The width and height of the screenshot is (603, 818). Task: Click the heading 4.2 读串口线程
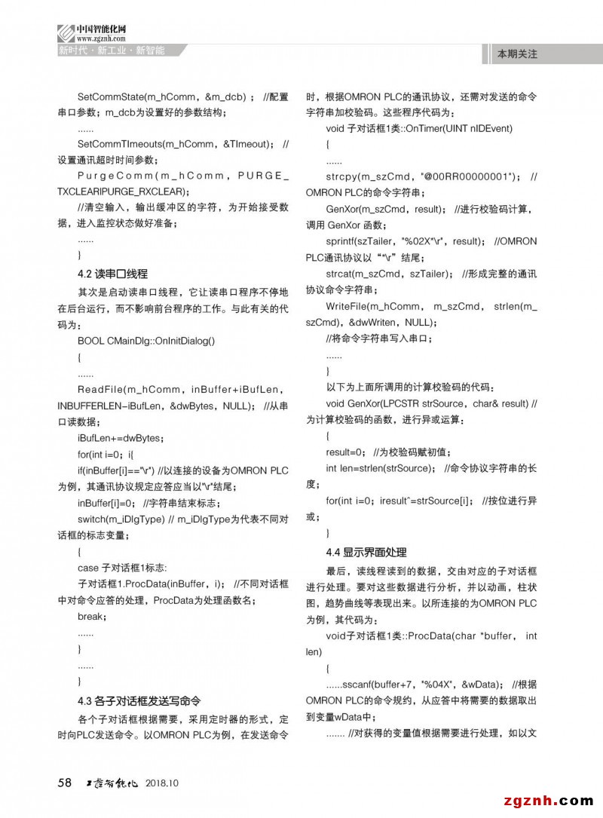pos(112,274)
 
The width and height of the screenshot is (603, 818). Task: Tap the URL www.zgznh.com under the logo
pos(95,38)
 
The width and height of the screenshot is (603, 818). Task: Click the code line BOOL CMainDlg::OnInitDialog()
pos(146,341)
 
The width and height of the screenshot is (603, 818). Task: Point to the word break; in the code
pos(92,617)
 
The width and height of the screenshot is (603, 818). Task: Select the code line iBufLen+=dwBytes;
pos(121,438)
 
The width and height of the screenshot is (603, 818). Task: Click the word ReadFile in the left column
pos(100,389)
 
